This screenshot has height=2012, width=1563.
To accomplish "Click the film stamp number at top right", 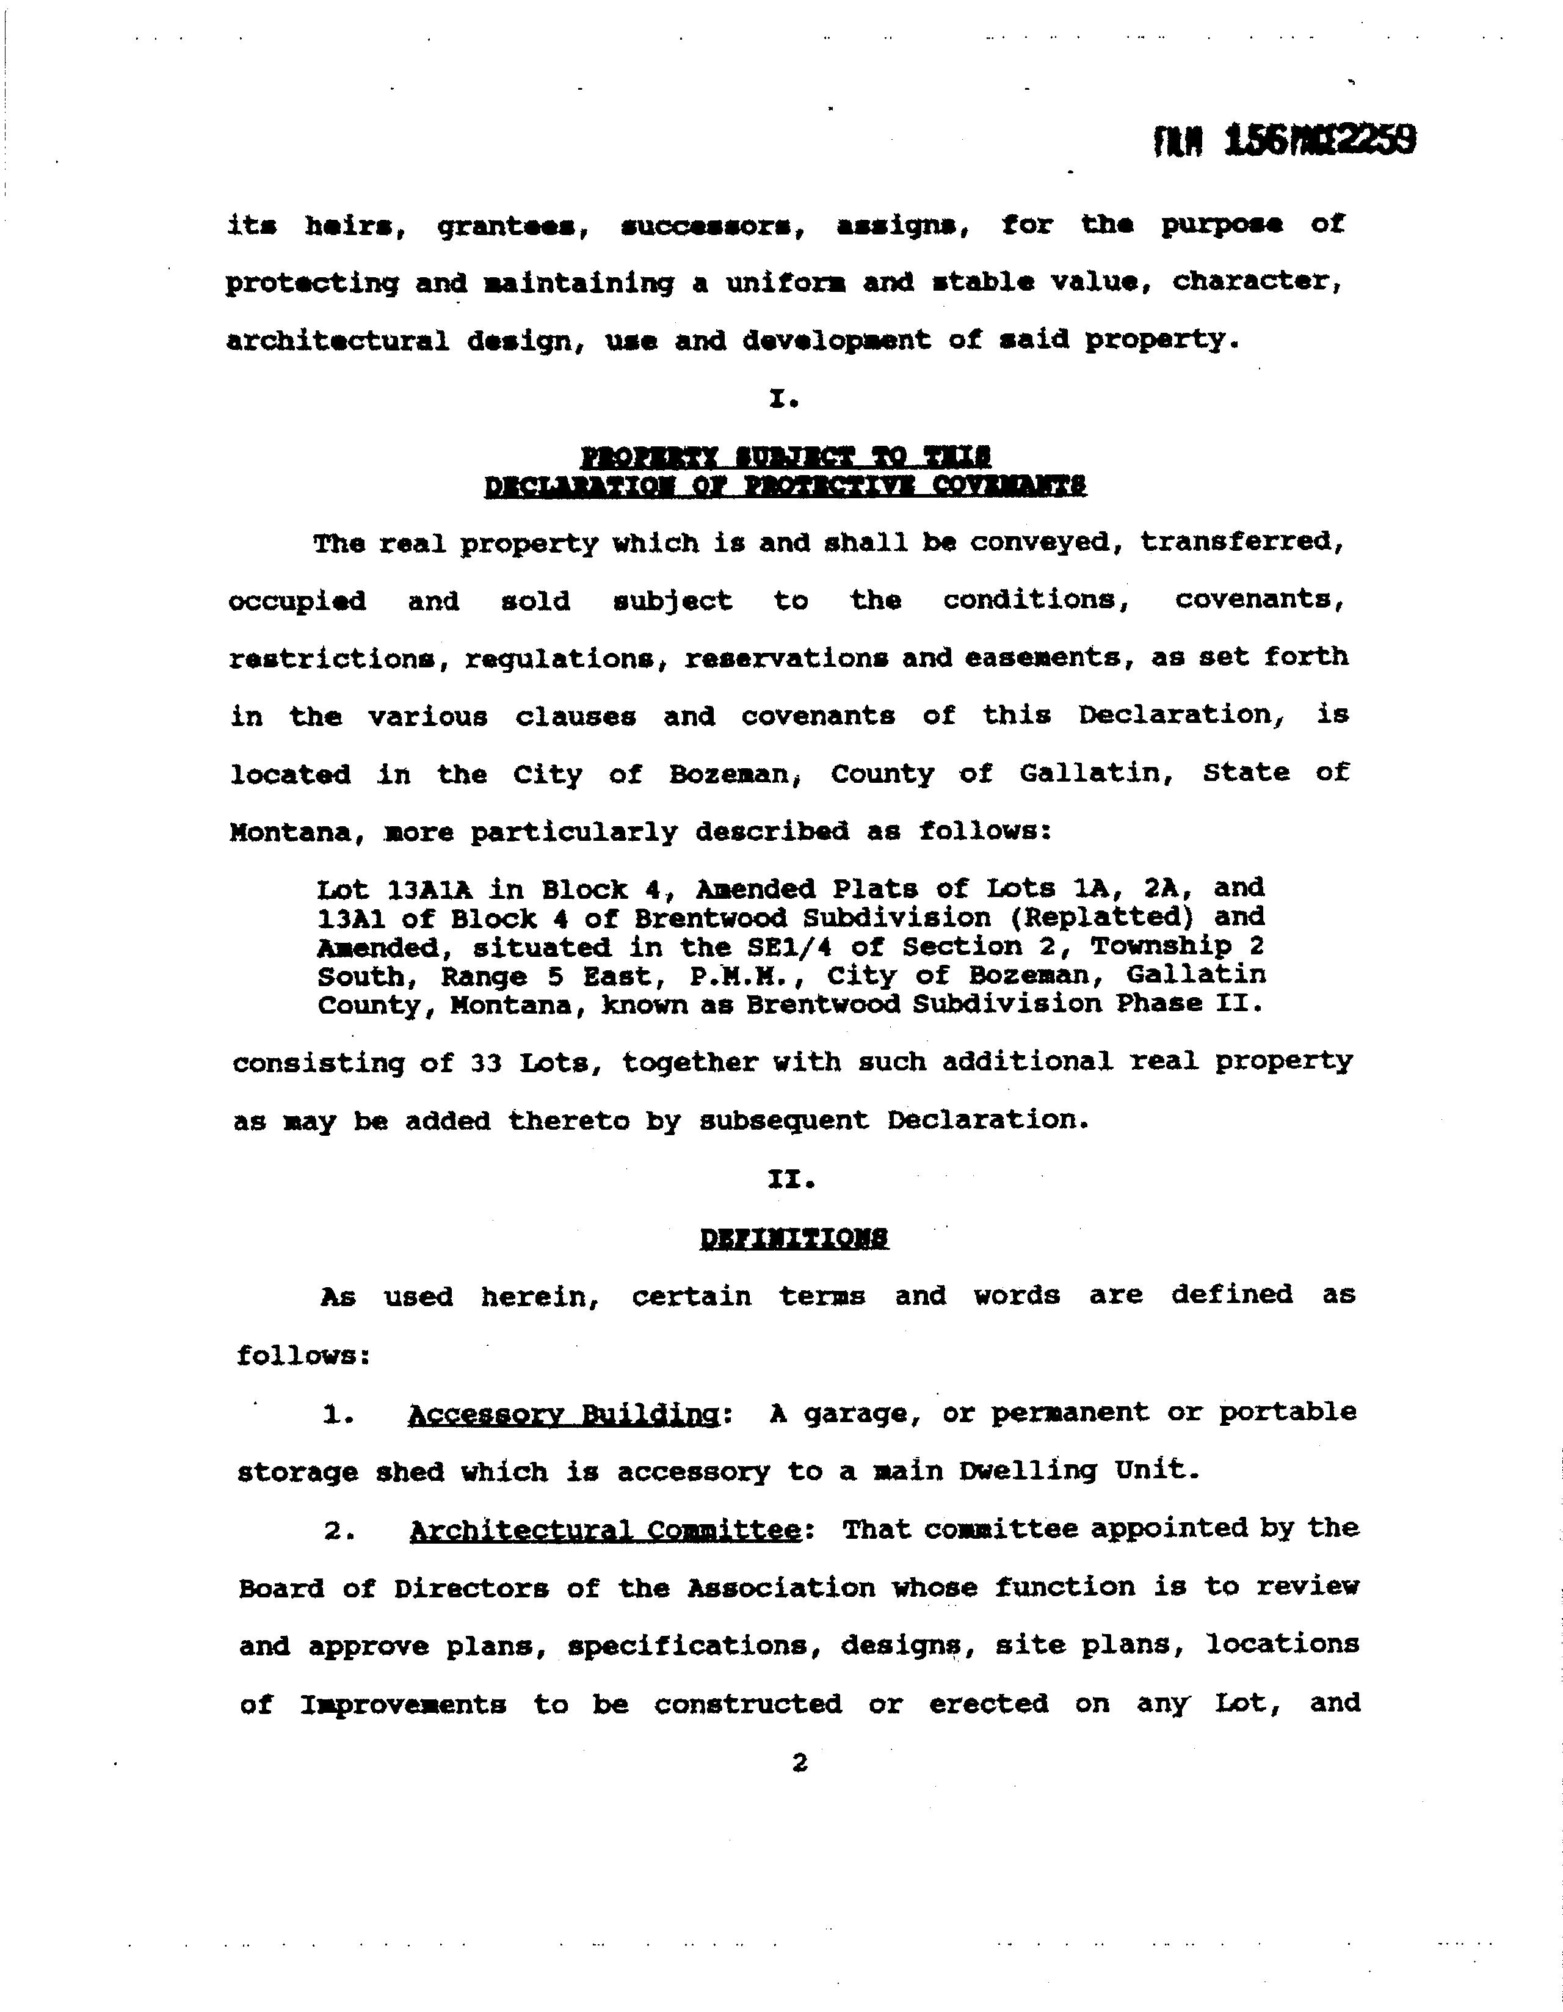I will pyautogui.click(x=1284, y=142).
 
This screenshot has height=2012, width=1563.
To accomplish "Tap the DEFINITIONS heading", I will pyautogui.click(x=794, y=1238).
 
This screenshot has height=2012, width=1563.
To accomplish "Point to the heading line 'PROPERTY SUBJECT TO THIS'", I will pyautogui.click(x=786, y=457).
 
